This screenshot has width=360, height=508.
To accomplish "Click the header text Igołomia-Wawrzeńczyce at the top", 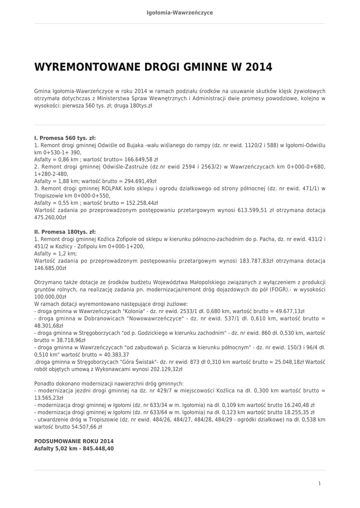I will [x=180, y=12].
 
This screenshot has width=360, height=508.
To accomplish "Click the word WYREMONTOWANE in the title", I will [x=87, y=67].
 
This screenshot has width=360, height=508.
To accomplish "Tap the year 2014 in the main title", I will [x=258, y=67].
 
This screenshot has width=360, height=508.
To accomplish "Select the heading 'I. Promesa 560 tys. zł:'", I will [x=65, y=138].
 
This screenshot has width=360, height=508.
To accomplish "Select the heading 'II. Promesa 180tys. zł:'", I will [x=65, y=232].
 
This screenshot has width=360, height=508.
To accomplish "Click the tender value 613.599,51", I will [x=251, y=210].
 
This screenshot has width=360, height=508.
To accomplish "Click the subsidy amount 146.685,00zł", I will [x=50, y=268].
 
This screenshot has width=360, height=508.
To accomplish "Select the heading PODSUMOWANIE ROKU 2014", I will [x=74, y=441].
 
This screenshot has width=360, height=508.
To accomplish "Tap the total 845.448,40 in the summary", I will [x=96, y=448].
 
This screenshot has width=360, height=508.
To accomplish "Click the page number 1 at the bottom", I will [x=320, y=483].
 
